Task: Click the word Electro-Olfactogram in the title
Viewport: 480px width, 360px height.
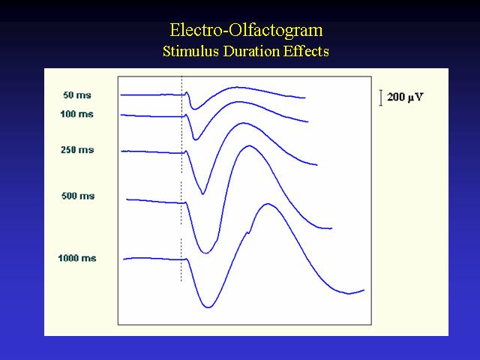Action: click(246, 31)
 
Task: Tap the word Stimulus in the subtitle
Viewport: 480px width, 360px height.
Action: click(190, 51)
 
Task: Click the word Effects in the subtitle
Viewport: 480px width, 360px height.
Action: click(306, 51)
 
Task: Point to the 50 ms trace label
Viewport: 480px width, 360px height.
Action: click(77, 95)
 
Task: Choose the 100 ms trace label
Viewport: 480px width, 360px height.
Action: click(76, 114)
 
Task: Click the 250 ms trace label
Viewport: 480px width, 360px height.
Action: click(77, 150)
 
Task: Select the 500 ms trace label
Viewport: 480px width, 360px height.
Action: click(78, 196)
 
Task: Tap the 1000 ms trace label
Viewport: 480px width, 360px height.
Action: click(77, 258)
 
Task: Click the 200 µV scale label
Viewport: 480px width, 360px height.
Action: click(405, 97)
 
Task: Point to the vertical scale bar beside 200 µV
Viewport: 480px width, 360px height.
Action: click(381, 97)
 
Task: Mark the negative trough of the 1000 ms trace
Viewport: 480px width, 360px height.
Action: click(208, 307)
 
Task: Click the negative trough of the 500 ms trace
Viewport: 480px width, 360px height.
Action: click(205, 253)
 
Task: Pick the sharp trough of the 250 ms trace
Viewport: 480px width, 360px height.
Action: click(202, 193)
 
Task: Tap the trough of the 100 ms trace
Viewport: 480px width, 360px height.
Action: click(195, 139)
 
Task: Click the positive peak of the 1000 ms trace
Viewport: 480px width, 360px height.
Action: click(268, 204)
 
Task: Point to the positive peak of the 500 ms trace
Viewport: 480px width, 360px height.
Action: click(250, 146)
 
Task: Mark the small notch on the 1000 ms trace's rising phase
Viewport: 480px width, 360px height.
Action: click(247, 232)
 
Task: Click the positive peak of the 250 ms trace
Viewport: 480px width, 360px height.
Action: click(243, 123)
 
